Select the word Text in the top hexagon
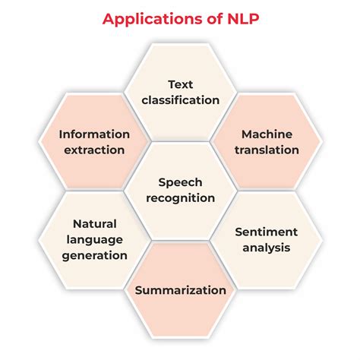(x=182, y=84)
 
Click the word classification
(x=182, y=99)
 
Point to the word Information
(x=94, y=134)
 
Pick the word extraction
(x=94, y=150)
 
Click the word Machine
(x=267, y=134)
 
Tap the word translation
(x=267, y=150)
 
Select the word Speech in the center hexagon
(x=180, y=182)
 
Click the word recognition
(x=180, y=198)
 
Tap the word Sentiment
(x=266, y=231)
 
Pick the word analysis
(x=266, y=247)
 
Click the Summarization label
(x=180, y=290)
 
